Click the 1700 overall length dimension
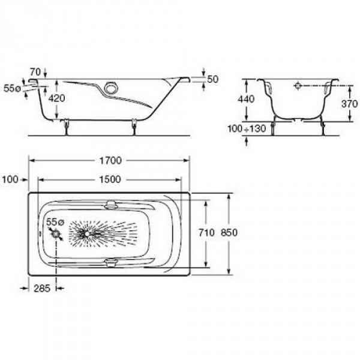click(110, 160)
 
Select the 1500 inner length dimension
click(110, 179)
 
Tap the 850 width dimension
click(229, 233)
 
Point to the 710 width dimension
click(206, 233)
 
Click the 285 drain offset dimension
click(42, 288)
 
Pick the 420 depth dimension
click(57, 98)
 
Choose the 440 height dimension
click(246, 99)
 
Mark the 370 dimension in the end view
click(349, 104)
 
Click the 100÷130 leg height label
click(247, 128)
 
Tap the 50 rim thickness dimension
click(212, 79)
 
